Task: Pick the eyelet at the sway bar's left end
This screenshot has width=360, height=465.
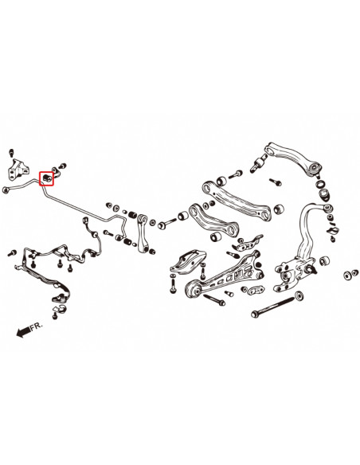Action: (x=7, y=189)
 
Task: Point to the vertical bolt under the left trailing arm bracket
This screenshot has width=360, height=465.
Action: (x=173, y=282)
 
